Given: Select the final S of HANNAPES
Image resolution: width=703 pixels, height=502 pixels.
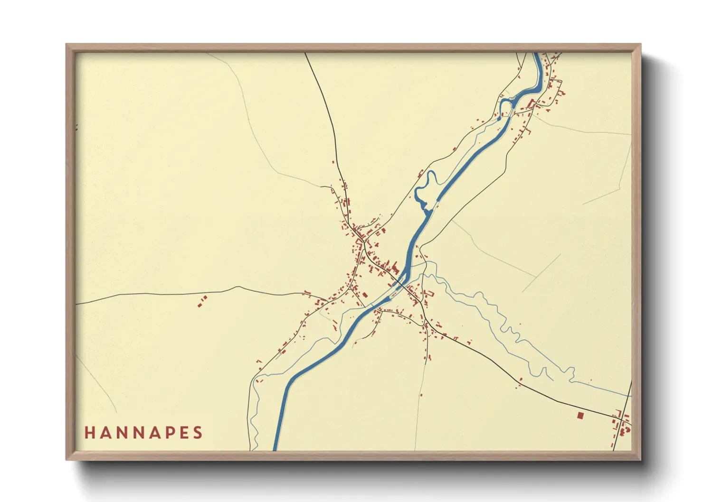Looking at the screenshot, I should (198, 433).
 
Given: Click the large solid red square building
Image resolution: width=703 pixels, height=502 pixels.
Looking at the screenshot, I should (580, 416).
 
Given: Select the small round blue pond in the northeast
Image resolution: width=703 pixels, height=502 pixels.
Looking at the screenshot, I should (498, 119).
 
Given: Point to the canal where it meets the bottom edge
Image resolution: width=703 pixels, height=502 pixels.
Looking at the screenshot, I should (275, 448).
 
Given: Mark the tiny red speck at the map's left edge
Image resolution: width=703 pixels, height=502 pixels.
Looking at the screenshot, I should (76, 127).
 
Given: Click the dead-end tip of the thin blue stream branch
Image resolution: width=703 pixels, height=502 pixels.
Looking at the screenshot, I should (551, 380).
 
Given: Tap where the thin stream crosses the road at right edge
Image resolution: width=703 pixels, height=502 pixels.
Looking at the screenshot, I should (630, 395).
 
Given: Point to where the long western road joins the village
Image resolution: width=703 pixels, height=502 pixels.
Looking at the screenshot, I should (325, 300).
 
